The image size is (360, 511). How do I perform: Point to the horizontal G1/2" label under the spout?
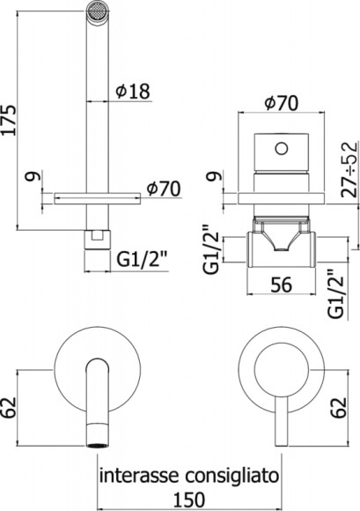138,258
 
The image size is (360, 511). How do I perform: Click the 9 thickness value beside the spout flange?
32,181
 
